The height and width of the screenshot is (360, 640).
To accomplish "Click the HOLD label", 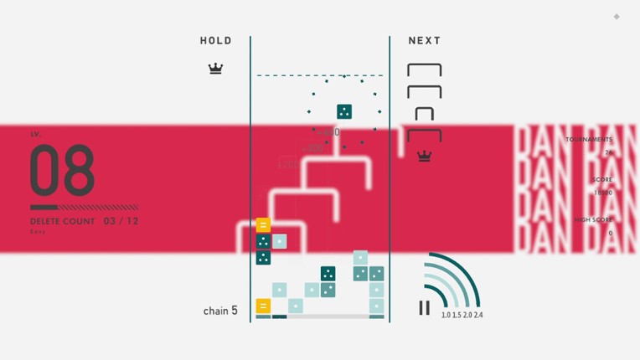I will (215, 41).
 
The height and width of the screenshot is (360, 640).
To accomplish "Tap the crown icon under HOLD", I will (215, 68).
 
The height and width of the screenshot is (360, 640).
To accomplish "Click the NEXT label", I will (424, 41).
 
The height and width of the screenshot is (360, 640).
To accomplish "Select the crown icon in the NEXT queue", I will (424, 156).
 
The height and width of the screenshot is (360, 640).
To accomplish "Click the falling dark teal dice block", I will (343, 111).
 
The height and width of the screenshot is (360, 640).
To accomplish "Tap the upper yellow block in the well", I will (263, 225).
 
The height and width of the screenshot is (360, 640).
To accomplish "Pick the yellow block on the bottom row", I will (263, 306).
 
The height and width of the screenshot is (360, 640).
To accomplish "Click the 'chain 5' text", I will (220, 311).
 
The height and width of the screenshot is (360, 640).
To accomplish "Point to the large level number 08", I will (62, 171).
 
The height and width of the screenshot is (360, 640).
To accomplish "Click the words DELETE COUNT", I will (63, 222).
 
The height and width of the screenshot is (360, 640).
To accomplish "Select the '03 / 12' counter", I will (121, 222).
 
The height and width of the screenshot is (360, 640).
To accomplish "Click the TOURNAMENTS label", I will (588, 140).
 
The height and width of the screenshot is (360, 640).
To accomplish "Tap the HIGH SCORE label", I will (593, 220).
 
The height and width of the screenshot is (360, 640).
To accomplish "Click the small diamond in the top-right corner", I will (617, 17).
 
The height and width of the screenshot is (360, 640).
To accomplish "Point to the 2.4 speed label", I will (477, 316).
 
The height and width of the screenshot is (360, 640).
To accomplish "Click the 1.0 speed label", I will (446, 316).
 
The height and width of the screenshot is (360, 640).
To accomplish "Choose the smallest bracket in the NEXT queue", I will (424, 114).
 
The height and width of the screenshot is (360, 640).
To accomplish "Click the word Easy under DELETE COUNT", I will (38, 232).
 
